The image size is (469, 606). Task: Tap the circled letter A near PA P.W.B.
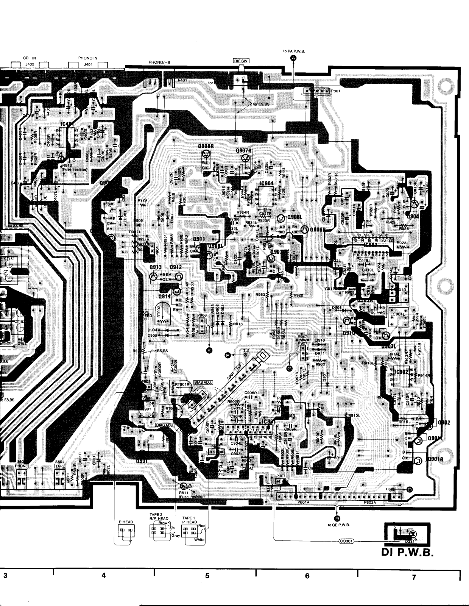(x=293, y=58)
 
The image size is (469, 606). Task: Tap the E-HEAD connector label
(x=126, y=522)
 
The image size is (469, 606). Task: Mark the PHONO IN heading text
(x=88, y=58)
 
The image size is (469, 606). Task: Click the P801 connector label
(x=336, y=91)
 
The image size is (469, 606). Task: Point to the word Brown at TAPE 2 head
(x=164, y=523)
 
